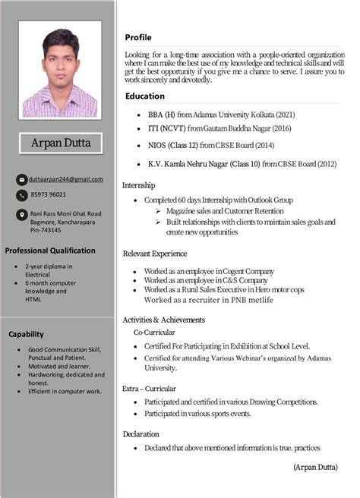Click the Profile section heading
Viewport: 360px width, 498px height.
(138, 37)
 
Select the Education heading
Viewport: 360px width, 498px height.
(145, 96)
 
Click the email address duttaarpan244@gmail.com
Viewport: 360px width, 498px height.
(66, 178)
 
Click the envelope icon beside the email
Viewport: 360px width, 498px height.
(21, 179)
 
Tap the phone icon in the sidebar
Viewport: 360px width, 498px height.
(21, 196)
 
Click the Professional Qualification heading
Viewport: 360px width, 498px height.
(51, 251)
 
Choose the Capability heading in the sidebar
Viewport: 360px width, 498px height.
(27, 334)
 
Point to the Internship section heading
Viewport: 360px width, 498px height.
(139, 184)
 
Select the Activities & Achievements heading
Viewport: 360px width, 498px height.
(164, 320)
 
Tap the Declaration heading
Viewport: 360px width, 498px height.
(141, 433)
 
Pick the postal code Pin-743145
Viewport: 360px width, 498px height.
(46, 230)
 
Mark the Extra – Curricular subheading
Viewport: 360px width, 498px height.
(150, 389)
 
